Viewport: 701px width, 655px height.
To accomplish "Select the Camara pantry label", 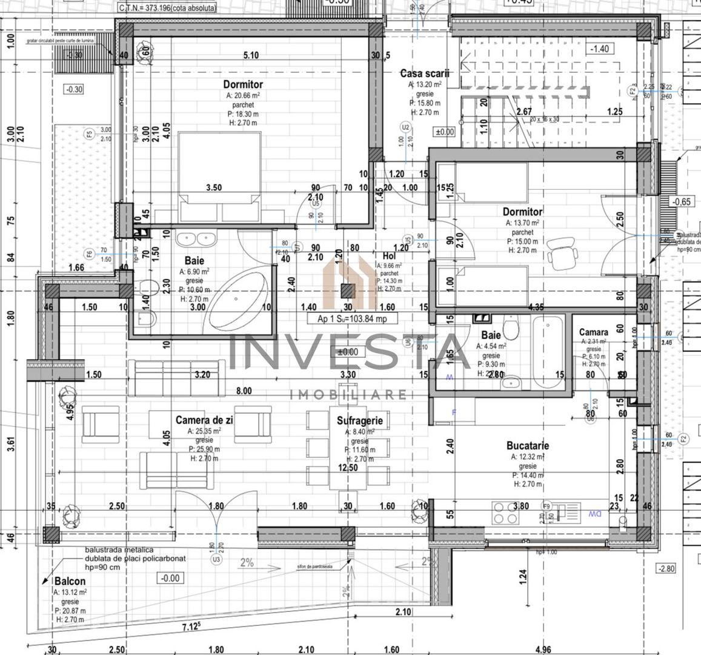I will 593,332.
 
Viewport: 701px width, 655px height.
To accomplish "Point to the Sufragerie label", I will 360,420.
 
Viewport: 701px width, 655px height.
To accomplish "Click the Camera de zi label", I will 204,420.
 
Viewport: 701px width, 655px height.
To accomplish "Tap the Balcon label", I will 69,581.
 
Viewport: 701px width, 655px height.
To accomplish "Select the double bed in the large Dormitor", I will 220,176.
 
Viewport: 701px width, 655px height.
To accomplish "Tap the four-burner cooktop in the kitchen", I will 505,513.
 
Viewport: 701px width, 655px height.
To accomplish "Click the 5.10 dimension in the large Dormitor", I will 250,55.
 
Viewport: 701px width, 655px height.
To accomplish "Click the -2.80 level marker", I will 666,568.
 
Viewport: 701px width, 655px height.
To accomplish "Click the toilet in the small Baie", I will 512,331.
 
